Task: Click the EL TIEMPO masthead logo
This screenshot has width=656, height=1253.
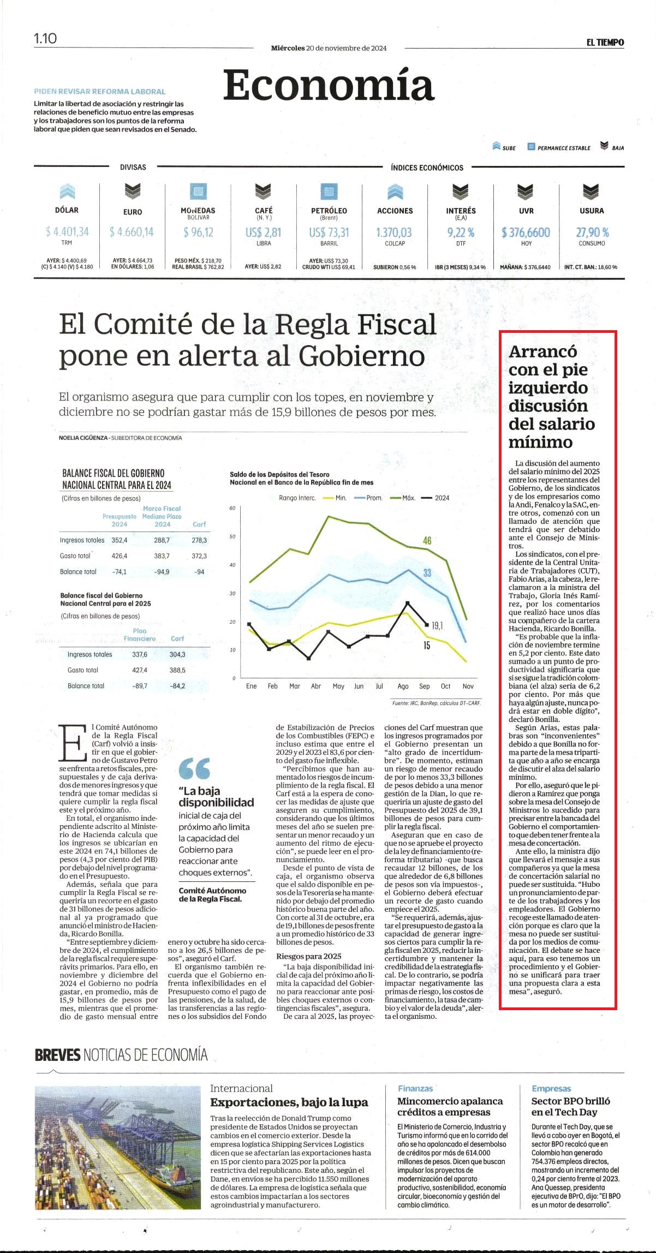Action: tap(605, 43)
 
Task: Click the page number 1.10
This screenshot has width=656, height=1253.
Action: tap(45, 38)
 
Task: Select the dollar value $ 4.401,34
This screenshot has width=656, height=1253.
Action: tap(67, 232)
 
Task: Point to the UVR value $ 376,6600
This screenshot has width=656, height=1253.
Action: tap(526, 232)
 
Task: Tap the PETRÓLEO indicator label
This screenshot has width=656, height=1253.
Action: tap(329, 211)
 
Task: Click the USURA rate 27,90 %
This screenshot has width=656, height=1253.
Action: tap(592, 232)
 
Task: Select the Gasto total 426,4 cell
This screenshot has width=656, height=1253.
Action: tap(120, 556)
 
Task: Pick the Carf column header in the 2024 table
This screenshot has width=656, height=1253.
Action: tap(199, 524)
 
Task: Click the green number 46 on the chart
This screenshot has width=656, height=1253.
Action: tap(427, 540)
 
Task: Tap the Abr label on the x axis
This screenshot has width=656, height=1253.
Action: tap(316, 686)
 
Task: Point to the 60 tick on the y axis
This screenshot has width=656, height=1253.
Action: tap(232, 508)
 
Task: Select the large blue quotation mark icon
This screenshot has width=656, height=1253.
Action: tap(194, 768)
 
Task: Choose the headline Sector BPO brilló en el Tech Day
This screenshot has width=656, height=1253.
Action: tap(571, 1107)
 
